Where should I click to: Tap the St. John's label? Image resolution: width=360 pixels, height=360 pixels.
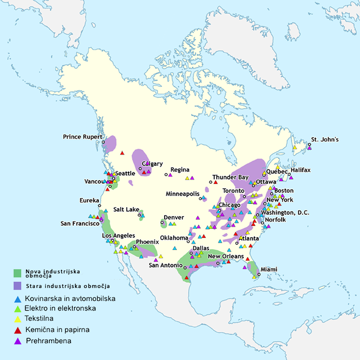[x=325, y=139]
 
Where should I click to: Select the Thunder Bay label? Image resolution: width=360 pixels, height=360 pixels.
[x=230, y=177]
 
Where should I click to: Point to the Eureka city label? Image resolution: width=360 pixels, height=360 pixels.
[x=89, y=200]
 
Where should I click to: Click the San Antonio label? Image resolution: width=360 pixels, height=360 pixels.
[x=166, y=265]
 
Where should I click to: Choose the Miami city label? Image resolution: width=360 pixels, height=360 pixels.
[x=269, y=269]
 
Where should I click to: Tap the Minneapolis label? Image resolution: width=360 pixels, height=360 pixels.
[x=183, y=194]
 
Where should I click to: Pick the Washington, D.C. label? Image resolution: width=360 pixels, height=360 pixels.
[x=285, y=213]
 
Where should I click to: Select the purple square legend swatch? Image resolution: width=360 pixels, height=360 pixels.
[x=17, y=286]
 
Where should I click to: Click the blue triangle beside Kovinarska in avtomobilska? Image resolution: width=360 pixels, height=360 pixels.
[x=18, y=299]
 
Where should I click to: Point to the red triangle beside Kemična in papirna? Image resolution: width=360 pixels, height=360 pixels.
[x=18, y=330]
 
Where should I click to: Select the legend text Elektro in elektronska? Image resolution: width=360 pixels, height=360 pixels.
[x=60, y=308]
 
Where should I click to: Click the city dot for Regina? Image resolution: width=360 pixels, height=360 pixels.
[x=166, y=174]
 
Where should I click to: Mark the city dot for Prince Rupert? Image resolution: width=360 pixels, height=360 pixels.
[x=103, y=142]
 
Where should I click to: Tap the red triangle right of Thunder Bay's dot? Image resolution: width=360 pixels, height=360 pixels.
[x=216, y=182]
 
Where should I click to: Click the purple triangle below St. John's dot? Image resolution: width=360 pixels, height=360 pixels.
[x=310, y=148]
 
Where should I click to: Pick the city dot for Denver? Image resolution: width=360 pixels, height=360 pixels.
[x=162, y=222]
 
